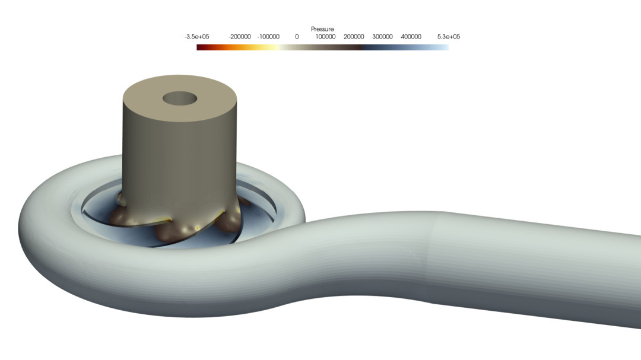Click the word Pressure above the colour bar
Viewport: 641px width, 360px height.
(x=322, y=29)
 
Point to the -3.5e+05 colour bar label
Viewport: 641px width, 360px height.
(x=196, y=37)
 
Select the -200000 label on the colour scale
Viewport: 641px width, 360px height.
(x=240, y=37)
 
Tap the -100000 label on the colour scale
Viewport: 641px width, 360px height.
(x=268, y=37)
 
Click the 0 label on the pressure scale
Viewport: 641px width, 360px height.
(x=297, y=37)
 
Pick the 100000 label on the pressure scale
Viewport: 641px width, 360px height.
(x=325, y=37)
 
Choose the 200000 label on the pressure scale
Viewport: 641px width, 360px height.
(x=354, y=37)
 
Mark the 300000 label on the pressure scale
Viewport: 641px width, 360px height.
(x=382, y=37)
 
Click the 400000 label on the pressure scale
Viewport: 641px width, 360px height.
(x=411, y=37)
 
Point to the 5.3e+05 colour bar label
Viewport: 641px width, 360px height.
(x=449, y=37)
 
